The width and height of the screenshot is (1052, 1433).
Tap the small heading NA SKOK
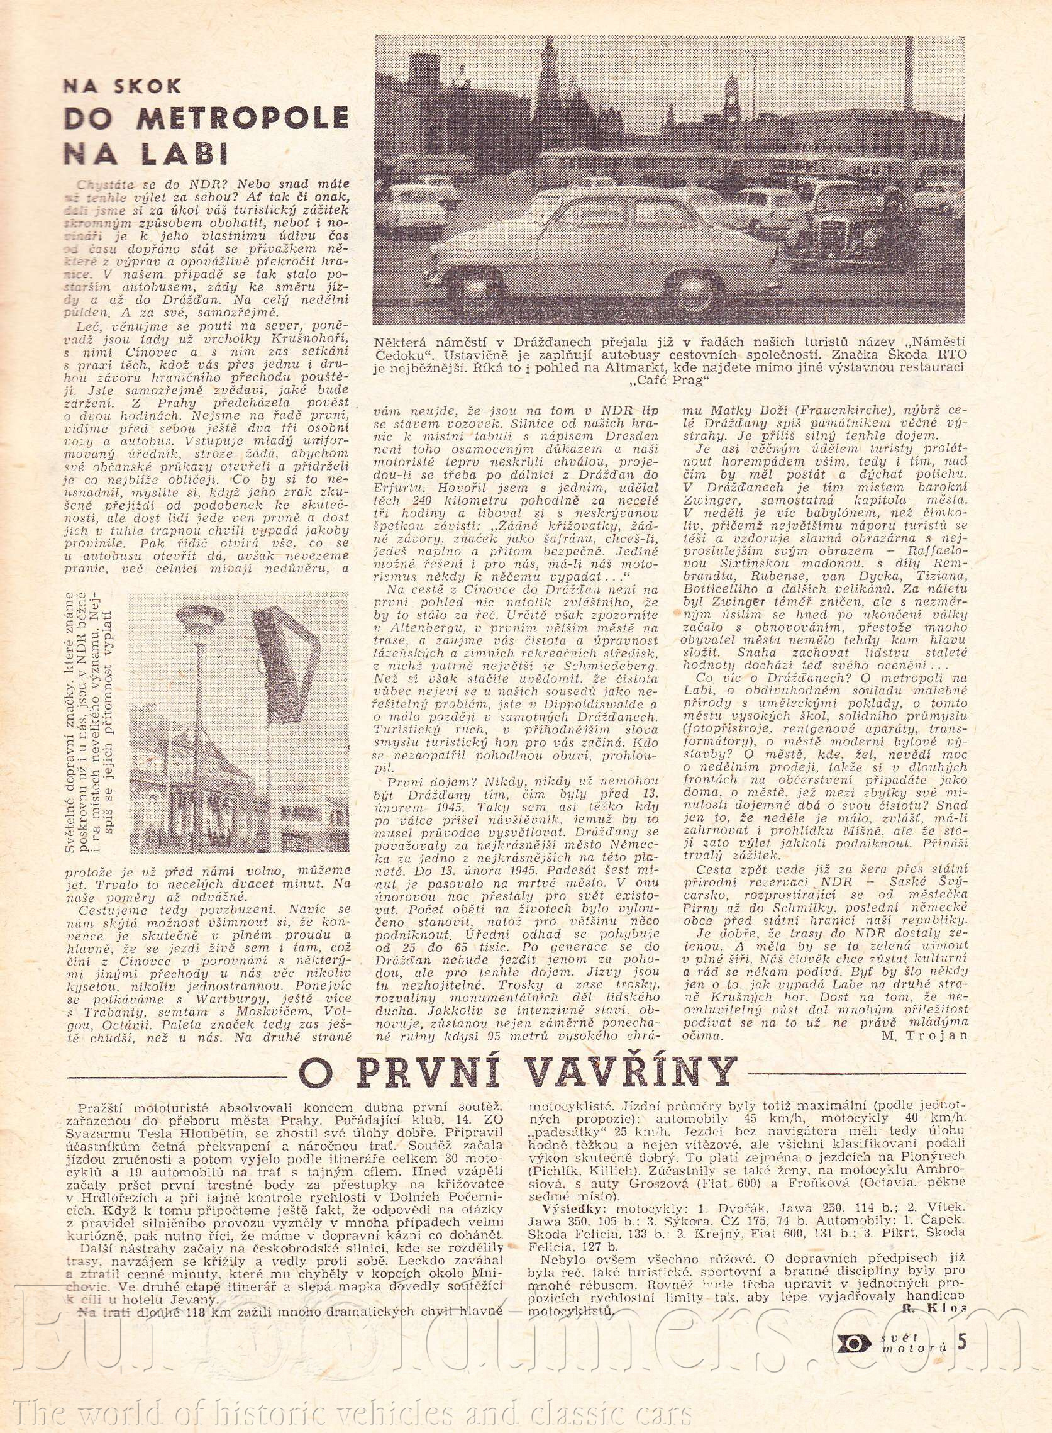pos(122,86)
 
